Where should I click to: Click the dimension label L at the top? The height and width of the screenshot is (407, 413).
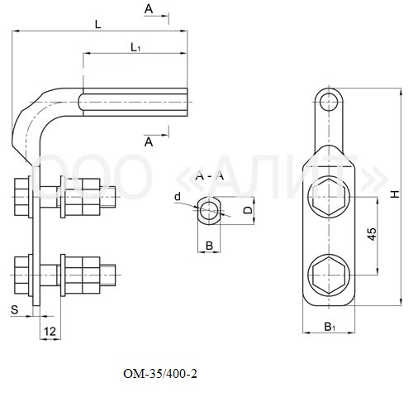click(x=98, y=25)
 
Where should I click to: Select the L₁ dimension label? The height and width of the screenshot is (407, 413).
click(x=135, y=47)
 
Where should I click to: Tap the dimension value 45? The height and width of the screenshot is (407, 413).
click(x=372, y=234)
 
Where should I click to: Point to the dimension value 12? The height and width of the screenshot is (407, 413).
click(x=50, y=331)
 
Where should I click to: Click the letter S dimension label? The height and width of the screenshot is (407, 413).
click(x=14, y=309)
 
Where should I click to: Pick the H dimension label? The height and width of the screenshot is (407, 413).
click(x=396, y=194)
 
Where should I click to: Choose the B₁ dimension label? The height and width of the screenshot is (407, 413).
click(x=330, y=327)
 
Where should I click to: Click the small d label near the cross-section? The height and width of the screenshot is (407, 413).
click(x=178, y=197)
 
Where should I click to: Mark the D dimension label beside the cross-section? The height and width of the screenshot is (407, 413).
click(x=248, y=210)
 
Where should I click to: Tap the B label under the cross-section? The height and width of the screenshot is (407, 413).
click(x=209, y=246)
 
